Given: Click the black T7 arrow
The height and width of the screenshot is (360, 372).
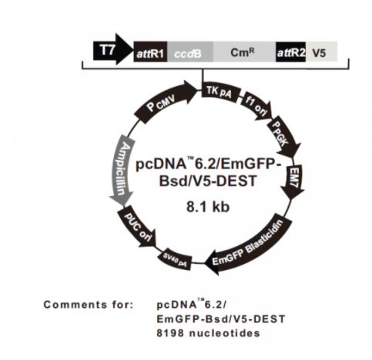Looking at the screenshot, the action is (x=112, y=49).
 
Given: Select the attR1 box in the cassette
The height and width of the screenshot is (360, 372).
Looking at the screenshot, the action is (x=150, y=52).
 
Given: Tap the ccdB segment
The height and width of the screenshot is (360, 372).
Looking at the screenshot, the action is (x=190, y=52).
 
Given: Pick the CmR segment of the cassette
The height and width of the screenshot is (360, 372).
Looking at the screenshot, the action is (x=244, y=52).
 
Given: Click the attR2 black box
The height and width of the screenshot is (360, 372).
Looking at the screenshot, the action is (x=291, y=52).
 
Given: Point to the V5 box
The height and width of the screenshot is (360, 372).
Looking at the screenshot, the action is (x=321, y=52).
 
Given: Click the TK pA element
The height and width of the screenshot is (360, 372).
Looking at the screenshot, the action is (x=220, y=92).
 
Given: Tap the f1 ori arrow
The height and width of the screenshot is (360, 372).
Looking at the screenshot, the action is (x=256, y=105).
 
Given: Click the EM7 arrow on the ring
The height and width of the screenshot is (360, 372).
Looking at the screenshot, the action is (x=293, y=181).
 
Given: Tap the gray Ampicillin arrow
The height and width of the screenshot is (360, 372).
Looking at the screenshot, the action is (x=121, y=170).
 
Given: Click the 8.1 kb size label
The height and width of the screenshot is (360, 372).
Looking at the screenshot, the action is (x=208, y=207).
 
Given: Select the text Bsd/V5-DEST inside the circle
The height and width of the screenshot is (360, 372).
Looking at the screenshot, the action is (x=208, y=181).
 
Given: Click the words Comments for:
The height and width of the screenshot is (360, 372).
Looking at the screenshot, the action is (x=89, y=305).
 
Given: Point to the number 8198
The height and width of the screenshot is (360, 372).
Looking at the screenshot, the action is (x=170, y=333).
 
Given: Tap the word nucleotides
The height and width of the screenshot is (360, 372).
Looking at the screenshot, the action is (x=225, y=333).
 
